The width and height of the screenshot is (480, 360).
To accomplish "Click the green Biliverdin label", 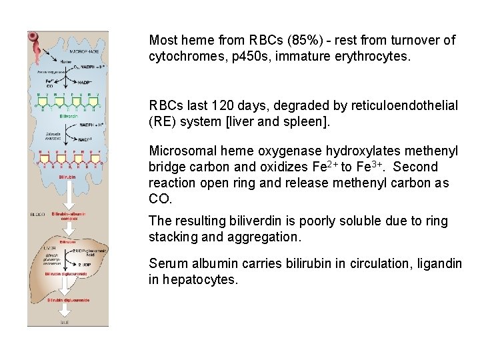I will point(69,116).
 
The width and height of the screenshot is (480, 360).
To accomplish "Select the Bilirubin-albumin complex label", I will point(69,217).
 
